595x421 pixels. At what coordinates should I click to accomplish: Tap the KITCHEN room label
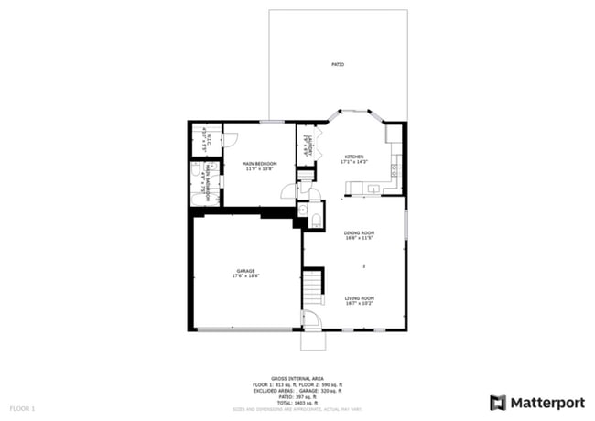click(x=354, y=157)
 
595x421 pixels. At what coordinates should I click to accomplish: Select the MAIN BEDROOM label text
click(x=259, y=164)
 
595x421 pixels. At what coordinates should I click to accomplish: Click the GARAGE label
click(x=245, y=271)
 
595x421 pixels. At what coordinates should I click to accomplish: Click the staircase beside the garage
click(x=314, y=286)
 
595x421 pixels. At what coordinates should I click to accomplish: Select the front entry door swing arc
click(x=311, y=319)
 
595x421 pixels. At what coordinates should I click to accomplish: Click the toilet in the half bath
click(x=314, y=219)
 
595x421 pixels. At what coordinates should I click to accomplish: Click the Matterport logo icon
click(x=497, y=402)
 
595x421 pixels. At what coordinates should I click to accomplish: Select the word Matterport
click(x=546, y=402)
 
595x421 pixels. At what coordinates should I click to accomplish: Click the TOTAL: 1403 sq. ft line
click(x=297, y=403)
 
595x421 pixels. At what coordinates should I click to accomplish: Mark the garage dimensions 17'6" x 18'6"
click(x=245, y=276)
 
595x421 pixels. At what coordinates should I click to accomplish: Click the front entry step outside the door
click(x=313, y=340)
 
